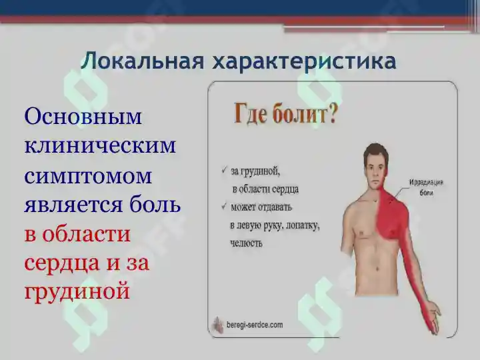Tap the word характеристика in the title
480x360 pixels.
(304, 61)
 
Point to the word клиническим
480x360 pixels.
(100, 146)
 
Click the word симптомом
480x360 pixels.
(88, 177)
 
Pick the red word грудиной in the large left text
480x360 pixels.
(77, 291)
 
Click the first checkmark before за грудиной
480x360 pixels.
(223, 170)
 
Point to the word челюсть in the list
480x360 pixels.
(247, 243)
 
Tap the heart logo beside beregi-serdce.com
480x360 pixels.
(219, 325)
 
